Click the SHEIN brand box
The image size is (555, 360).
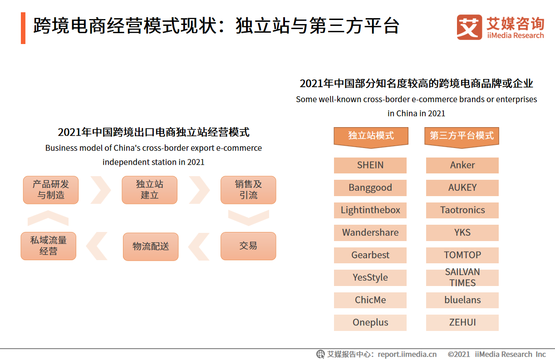(370, 165)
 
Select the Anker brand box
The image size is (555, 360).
(462, 165)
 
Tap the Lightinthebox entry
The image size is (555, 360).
(370, 210)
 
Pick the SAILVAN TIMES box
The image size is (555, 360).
(462, 277)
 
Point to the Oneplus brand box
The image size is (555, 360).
(370, 323)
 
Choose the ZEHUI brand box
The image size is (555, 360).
(462, 323)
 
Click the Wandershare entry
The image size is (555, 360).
(370, 232)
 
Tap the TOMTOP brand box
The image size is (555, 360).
(462, 255)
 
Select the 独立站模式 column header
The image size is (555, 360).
(371, 138)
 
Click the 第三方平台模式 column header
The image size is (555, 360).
(462, 138)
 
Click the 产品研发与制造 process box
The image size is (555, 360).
(51, 190)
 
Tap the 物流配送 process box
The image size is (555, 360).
(151, 247)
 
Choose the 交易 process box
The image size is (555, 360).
(248, 246)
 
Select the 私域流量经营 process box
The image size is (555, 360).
(48, 246)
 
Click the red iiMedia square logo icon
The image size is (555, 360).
(469, 27)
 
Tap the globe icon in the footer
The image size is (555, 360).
(320, 354)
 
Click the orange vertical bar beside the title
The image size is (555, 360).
(23, 28)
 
